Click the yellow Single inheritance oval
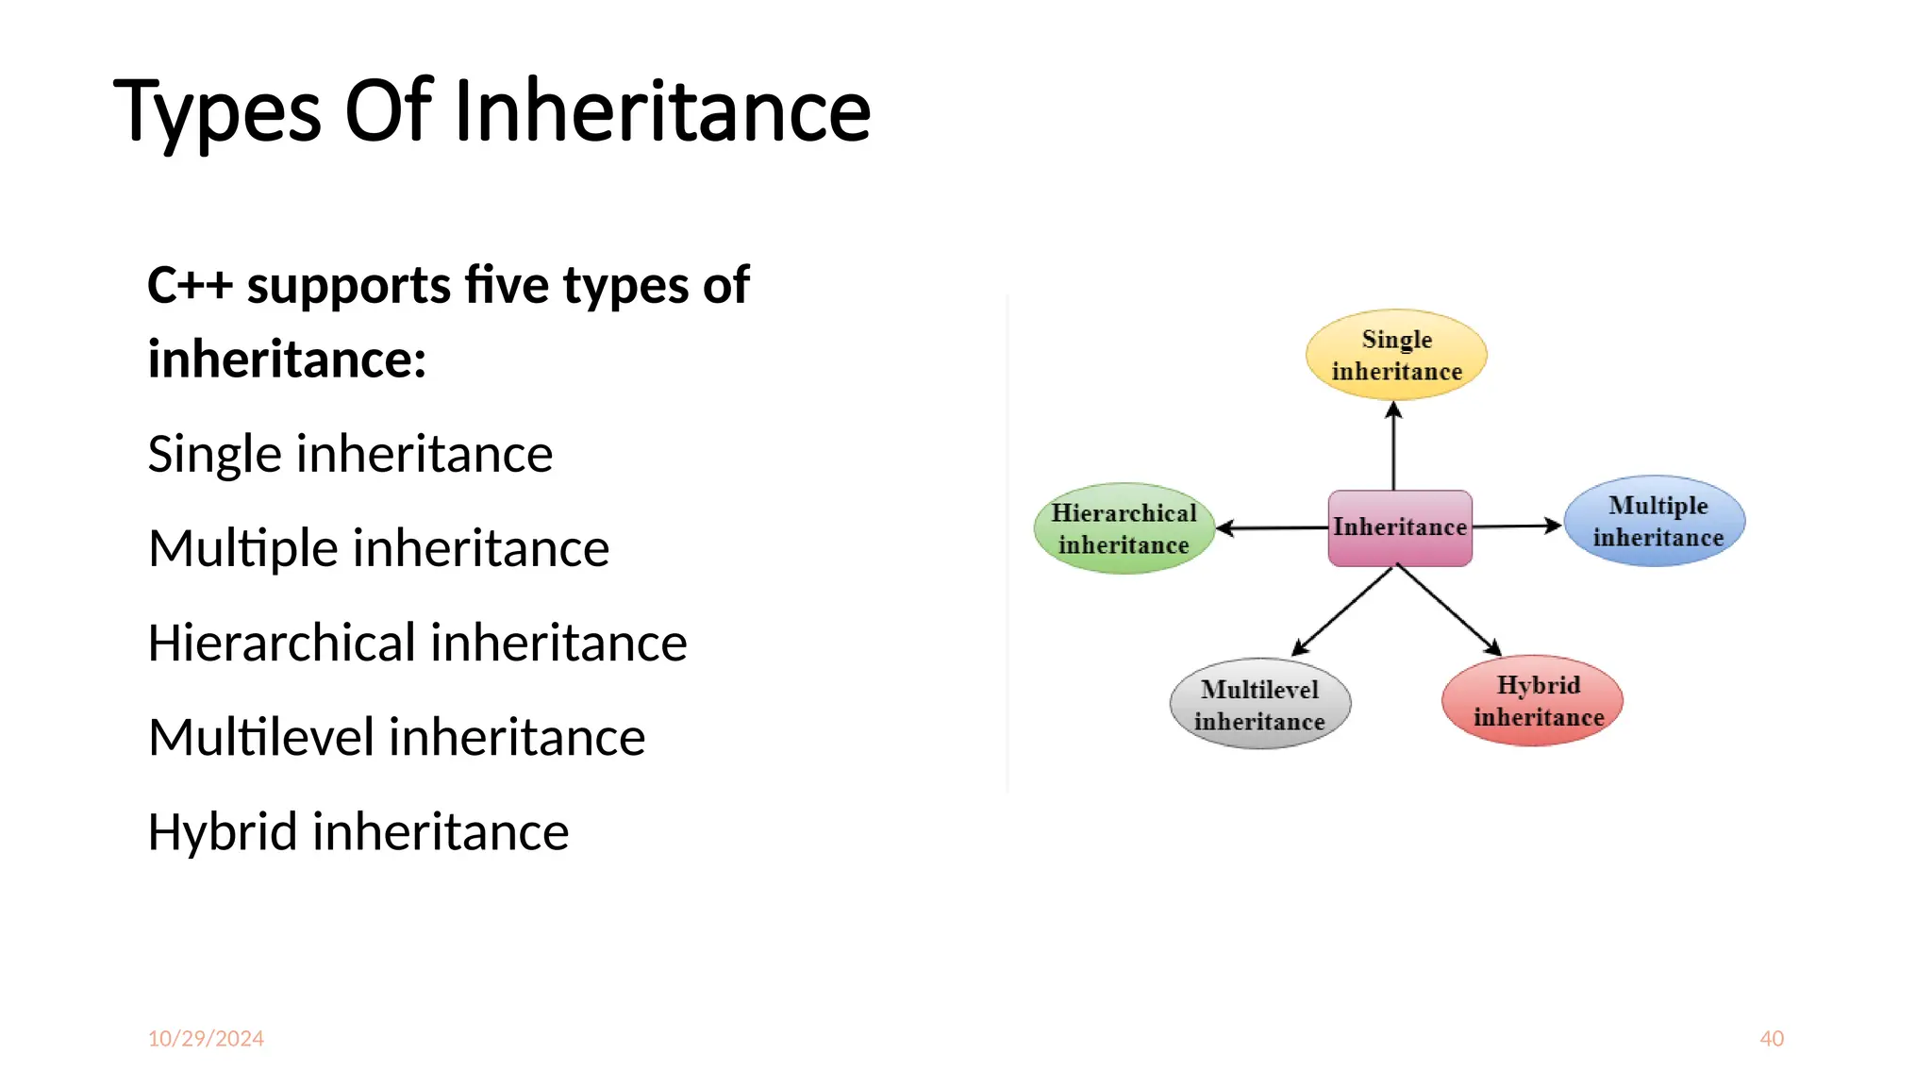[x=1396, y=355]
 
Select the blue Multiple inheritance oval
[x=1655, y=521]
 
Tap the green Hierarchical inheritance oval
[x=1124, y=528]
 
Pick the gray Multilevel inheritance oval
[x=1260, y=704]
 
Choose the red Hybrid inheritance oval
[x=1533, y=700]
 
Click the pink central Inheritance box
[x=1400, y=527]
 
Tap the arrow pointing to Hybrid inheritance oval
[x=1449, y=610]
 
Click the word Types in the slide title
[x=218, y=113]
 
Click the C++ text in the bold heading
[x=190, y=285]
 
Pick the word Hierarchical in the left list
[x=282, y=643]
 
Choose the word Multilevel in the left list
[x=261, y=737]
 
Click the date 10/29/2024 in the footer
[x=206, y=1038]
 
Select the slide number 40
[x=1772, y=1038]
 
